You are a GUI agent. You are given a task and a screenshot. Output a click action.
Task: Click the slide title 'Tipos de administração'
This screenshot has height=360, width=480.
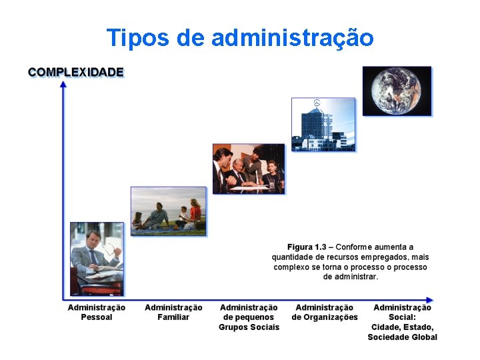coord(240,38)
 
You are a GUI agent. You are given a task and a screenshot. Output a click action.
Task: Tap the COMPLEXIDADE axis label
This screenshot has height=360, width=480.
coord(76,72)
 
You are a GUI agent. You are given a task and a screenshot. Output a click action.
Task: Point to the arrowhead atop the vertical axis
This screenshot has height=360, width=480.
coord(63,84)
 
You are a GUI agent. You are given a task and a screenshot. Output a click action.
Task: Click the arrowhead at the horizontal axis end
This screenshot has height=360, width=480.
coord(429,300)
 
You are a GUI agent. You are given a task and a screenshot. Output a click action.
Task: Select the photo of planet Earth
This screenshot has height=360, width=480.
coord(397,91)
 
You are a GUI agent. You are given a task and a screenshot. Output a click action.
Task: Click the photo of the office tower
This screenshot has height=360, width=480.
coord(323,125)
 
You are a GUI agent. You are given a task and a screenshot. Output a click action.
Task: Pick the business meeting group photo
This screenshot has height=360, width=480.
coord(249,169)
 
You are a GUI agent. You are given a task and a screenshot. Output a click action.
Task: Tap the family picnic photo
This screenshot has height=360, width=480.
coord(169,211)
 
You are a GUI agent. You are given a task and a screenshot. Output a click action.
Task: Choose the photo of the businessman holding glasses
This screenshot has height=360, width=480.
coord(97,259)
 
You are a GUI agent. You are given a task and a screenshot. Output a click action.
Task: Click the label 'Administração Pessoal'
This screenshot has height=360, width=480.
coord(97,312)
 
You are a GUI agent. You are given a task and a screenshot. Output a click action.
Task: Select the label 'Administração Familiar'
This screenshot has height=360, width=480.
coord(173,312)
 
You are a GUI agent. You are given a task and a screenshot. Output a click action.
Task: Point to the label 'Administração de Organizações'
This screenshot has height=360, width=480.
coord(325,312)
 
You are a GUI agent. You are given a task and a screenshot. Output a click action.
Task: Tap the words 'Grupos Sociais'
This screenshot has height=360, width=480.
coord(249,327)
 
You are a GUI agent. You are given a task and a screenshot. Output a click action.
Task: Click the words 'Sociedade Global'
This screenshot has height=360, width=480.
coord(403,337)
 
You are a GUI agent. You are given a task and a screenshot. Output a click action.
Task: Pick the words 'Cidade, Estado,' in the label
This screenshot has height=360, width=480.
coord(403,327)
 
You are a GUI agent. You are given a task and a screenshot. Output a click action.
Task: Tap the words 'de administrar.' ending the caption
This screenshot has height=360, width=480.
coord(351,277)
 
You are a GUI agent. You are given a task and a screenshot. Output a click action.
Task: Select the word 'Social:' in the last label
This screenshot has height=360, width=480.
coord(403,317)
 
